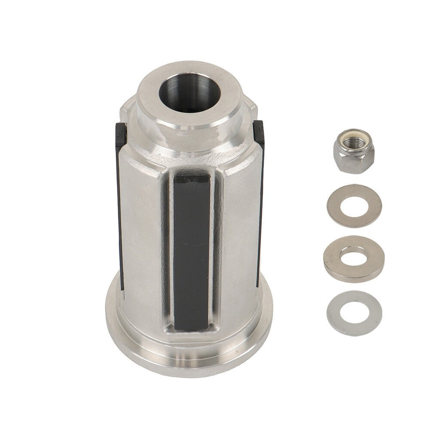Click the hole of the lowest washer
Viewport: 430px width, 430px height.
[x=354, y=312]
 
